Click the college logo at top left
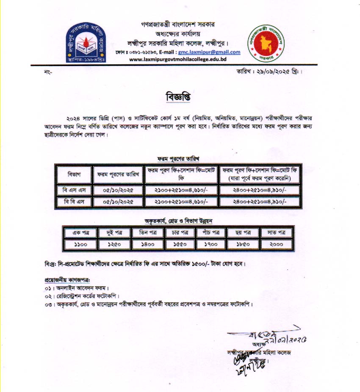click(x=86, y=41)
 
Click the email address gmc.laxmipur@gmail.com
click(x=209, y=52)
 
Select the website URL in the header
click(x=178, y=60)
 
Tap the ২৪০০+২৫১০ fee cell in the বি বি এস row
click(x=260, y=202)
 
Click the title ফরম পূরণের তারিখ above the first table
click(x=178, y=158)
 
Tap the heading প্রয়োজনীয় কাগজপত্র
click(x=67, y=280)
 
